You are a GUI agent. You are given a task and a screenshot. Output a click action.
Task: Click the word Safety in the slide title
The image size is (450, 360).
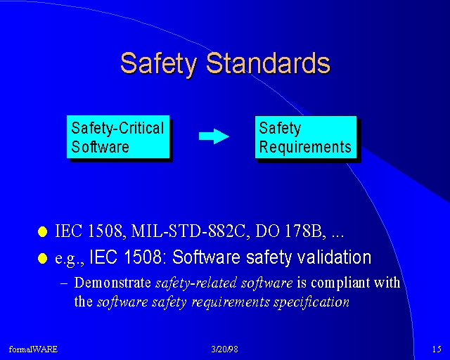click(158, 64)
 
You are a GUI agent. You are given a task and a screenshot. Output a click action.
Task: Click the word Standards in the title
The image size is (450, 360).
click(269, 63)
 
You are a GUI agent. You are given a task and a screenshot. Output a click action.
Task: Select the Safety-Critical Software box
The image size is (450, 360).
click(118, 137)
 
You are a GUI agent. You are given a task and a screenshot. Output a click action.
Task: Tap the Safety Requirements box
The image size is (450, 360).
click(306, 137)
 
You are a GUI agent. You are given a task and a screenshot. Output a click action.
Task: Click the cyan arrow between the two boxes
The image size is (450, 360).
click(214, 136)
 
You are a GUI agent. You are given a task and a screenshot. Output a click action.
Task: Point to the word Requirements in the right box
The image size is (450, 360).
click(305, 147)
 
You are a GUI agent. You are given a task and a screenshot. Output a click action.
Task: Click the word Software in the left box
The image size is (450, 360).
click(100, 147)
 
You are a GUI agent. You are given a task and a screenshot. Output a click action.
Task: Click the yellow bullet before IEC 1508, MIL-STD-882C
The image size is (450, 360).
click(42, 231)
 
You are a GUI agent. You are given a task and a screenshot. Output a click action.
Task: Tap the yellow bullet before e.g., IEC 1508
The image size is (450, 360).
click(42, 258)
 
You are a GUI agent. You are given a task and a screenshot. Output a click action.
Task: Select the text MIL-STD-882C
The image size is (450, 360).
click(188, 231)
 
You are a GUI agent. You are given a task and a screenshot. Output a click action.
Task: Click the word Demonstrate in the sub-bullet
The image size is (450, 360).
click(112, 283)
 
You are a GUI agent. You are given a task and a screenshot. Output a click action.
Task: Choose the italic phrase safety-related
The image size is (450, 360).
click(196, 283)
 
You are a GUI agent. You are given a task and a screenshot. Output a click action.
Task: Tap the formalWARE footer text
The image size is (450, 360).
click(33, 349)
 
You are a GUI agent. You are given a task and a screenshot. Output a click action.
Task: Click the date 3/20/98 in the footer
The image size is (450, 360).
click(224, 349)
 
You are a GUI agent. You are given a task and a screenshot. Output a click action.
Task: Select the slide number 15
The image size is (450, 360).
click(437, 349)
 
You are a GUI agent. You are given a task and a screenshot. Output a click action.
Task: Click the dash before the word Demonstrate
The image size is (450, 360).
click(64, 283)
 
